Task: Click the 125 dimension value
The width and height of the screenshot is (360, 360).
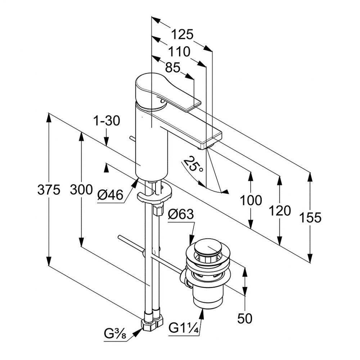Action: (x=182, y=35)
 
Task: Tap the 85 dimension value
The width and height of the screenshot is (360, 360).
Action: (x=173, y=68)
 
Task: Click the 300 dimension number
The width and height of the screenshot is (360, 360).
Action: (x=81, y=189)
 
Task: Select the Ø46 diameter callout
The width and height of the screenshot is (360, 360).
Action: (x=110, y=195)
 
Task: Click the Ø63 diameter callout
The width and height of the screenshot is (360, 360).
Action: (x=181, y=215)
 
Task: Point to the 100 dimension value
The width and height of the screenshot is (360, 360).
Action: (x=251, y=200)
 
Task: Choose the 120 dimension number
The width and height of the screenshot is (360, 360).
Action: (x=280, y=211)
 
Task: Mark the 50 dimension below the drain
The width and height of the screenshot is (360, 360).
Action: (x=245, y=318)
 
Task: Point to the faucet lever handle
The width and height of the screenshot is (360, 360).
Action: (x=169, y=93)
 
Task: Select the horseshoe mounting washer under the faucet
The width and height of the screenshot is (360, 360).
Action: (x=155, y=194)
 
